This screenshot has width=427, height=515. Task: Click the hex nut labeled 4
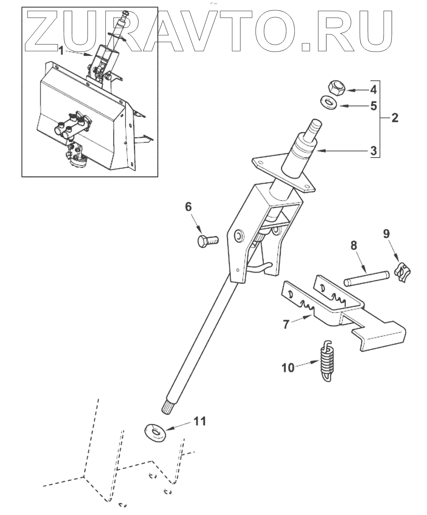pos(335,88)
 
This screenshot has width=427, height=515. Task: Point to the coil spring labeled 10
pos(327,362)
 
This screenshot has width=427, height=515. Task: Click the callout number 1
pos(61,51)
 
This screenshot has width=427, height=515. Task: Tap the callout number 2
pos(394,118)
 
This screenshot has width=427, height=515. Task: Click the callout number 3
pos(373,151)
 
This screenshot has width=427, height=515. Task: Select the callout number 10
pos(289,367)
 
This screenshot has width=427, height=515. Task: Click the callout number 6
pos(188,206)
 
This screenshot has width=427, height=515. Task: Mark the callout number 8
pos(354,246)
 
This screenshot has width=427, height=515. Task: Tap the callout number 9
pos(386,233)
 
